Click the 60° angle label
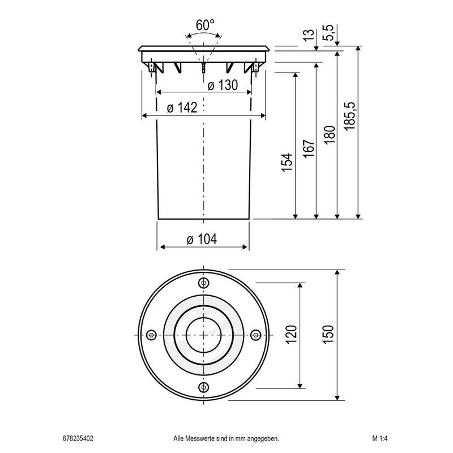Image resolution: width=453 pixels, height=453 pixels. click(204, 25)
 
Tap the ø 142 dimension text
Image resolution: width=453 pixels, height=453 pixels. click(182, 108)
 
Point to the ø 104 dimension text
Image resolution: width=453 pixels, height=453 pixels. click(202, 240)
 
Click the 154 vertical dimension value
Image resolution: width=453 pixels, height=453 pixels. click(287, 163)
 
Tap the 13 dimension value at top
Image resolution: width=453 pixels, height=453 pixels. click(309, 35)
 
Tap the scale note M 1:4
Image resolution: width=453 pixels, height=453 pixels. click(380, 438)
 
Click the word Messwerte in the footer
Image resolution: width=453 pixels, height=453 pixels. click(201, 438)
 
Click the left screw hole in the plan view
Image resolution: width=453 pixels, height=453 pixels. click(151, 335)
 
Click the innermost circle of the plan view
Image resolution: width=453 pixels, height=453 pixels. click(203, 335)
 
